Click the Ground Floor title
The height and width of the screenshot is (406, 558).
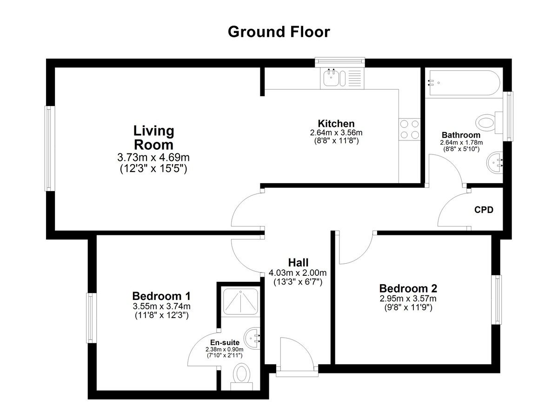(279, 32)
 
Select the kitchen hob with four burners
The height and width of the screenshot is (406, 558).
(409, 129)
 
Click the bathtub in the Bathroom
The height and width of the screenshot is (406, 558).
(465, 83)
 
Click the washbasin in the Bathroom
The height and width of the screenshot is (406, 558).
(494, 162)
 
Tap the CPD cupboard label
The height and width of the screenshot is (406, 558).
(484, 210)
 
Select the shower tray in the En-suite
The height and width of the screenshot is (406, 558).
(240, 302)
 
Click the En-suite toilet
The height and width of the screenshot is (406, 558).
(241, 377)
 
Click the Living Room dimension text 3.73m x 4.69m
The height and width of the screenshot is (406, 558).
(153, 157)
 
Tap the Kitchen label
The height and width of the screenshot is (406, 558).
(336, 124)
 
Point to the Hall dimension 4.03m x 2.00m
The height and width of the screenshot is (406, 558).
(298, 273)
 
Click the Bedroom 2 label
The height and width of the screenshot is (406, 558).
(408, 288)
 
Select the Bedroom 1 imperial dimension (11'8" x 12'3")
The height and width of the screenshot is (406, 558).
(162, 315)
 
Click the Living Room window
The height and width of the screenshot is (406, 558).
(50, 149)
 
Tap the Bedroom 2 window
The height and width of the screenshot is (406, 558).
(497, 300)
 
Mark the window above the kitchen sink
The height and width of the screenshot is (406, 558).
(340, 62)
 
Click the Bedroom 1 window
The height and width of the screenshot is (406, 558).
(91, 318)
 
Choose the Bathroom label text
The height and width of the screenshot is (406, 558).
(461, 135)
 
